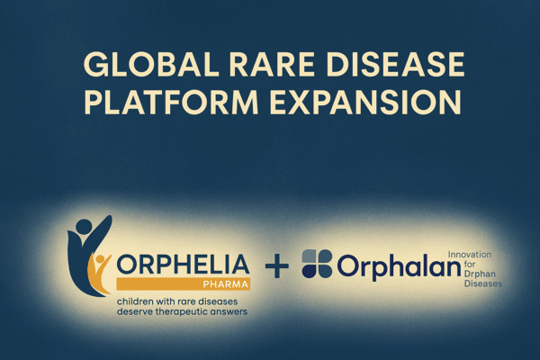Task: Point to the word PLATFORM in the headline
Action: click(x=171, y=102)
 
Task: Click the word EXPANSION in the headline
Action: click(x=365, y=102)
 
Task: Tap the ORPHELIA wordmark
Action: click(x=184, y=265)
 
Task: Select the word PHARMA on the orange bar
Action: click(x=226, y=284)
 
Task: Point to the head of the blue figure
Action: click(x=84, y=228)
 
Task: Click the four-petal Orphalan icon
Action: click(x=317, y=264)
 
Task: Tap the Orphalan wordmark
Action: click(x=399, y=266)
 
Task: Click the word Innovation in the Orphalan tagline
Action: click(x=470, y=255)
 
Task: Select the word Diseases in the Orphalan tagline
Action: click(x=482, y=283)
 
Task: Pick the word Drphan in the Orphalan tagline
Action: click(x=480, y=274)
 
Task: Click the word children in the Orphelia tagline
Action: click(x=135, y=301)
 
